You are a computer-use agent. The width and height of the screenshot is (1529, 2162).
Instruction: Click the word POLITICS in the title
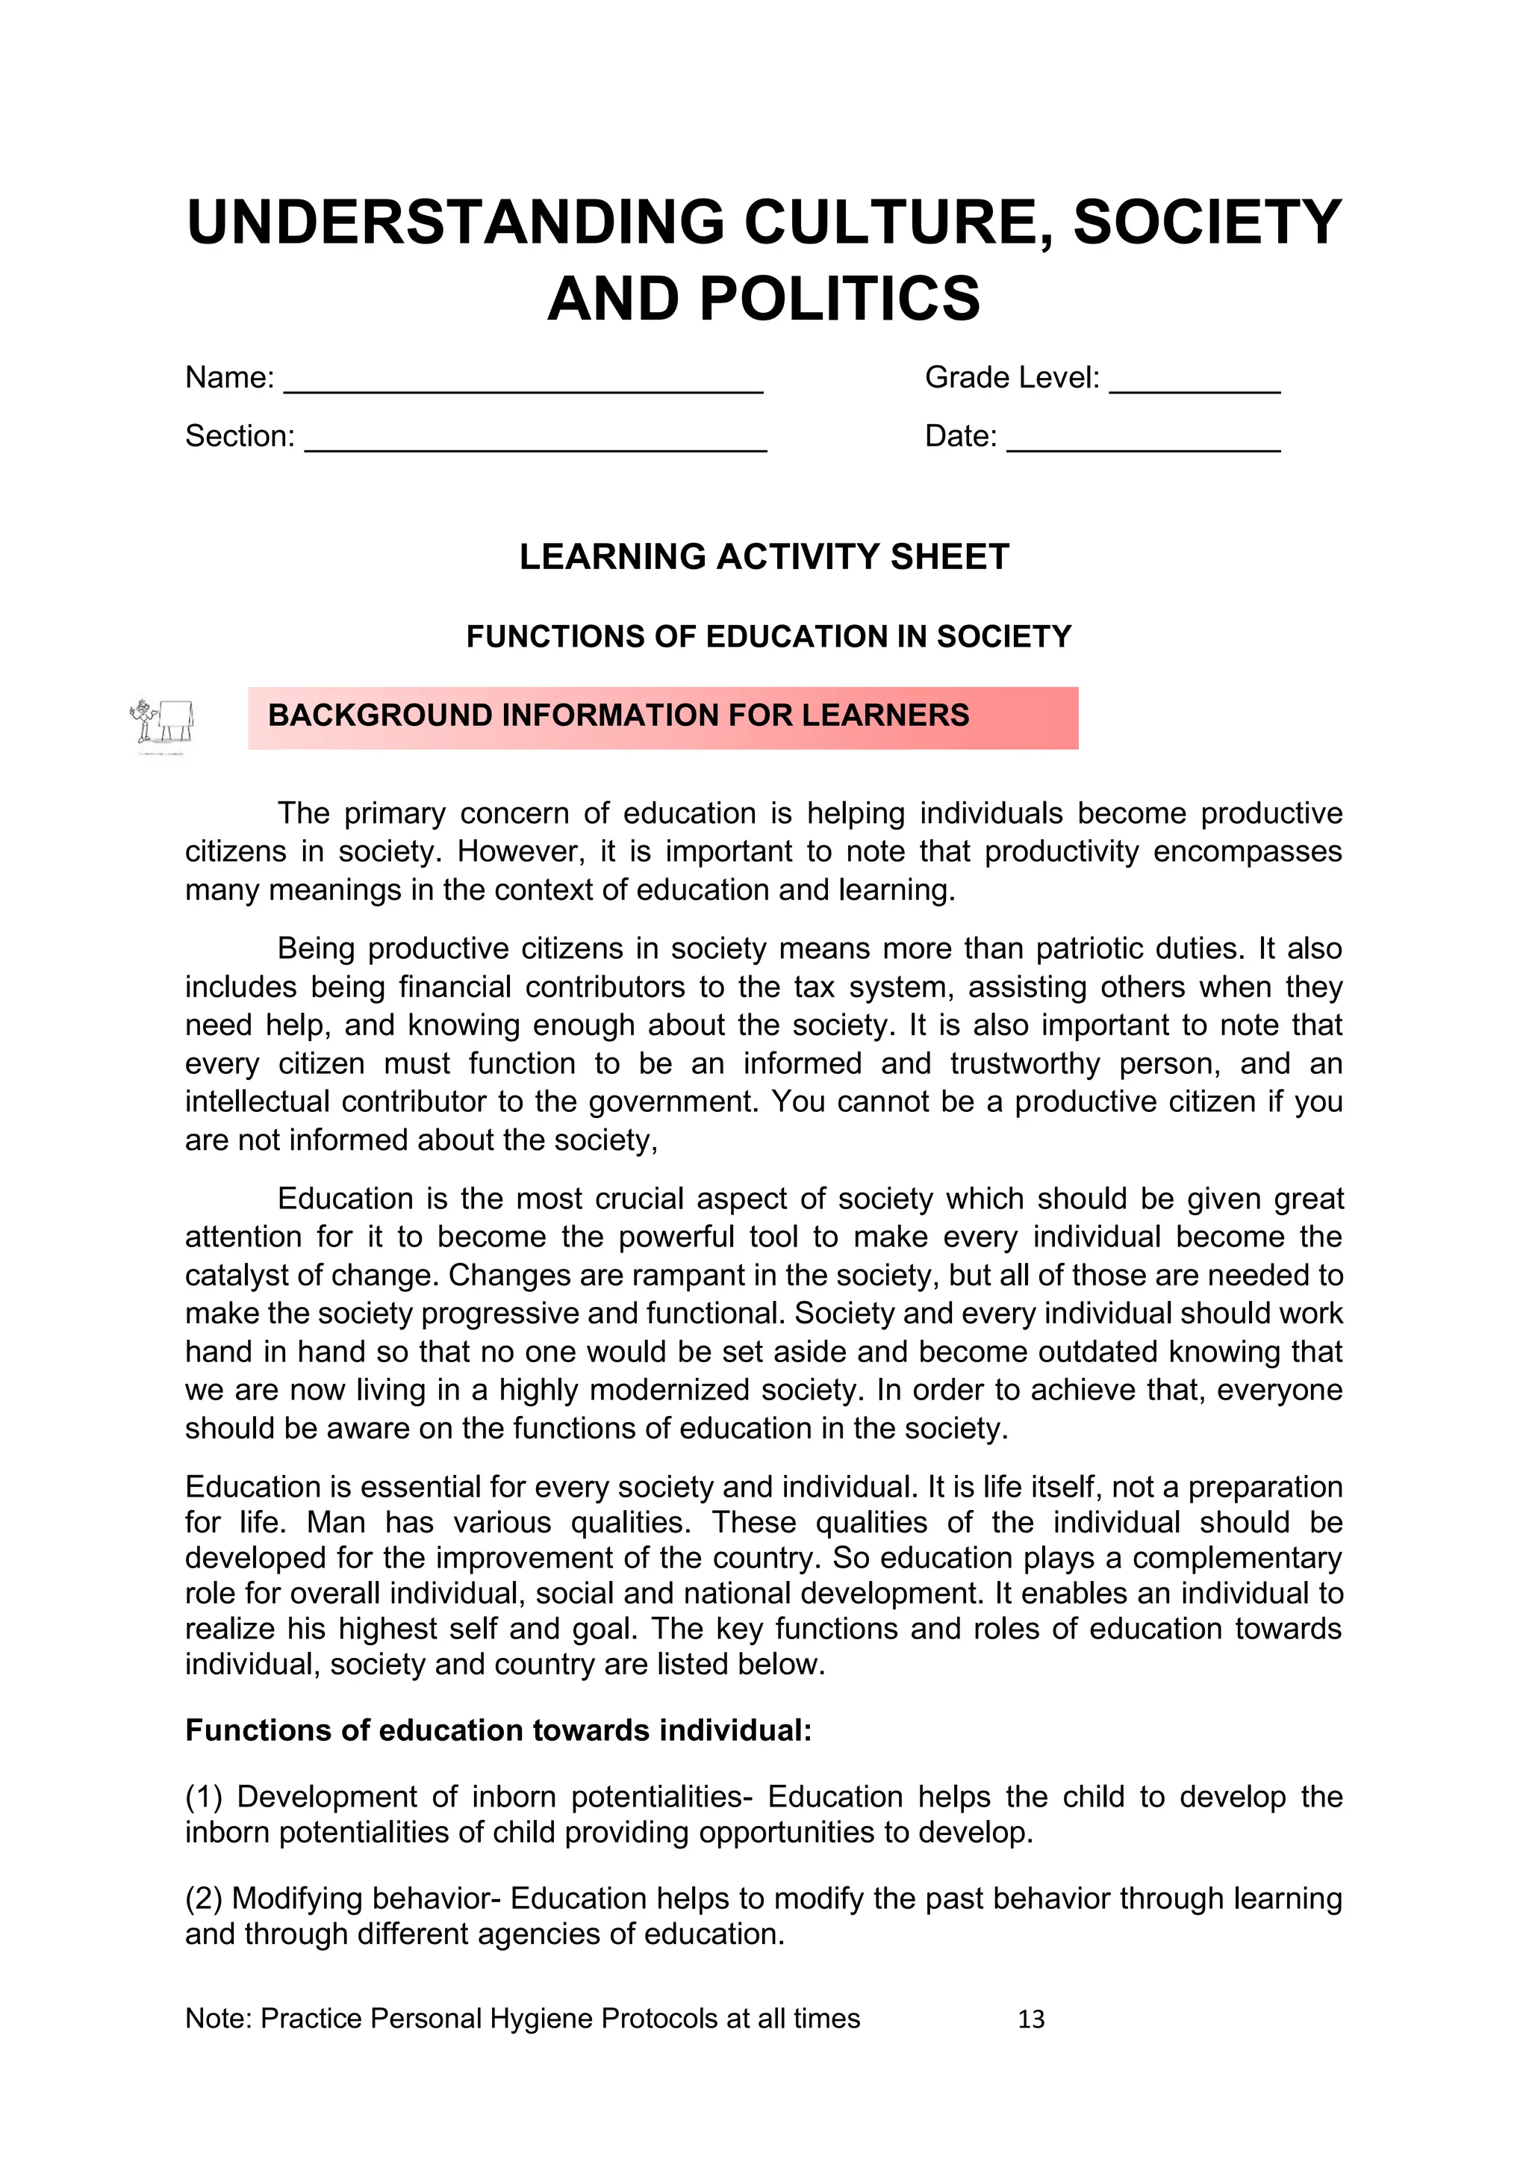(839, 299)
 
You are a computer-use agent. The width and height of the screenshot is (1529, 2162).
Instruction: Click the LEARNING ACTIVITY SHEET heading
(764, 556)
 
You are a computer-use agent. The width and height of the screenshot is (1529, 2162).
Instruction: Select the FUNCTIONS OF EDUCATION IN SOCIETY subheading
(768, 636)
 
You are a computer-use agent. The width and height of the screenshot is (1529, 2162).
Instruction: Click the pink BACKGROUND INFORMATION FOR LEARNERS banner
(663, 718)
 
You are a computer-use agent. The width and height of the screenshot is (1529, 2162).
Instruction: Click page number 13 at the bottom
(1031, 2019)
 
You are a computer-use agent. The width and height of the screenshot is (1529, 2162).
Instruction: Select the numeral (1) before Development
(203, 1797)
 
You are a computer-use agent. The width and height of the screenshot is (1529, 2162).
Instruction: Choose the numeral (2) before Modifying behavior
(203, 1898)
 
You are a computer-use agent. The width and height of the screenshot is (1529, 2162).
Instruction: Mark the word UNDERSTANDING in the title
(455, 223)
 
